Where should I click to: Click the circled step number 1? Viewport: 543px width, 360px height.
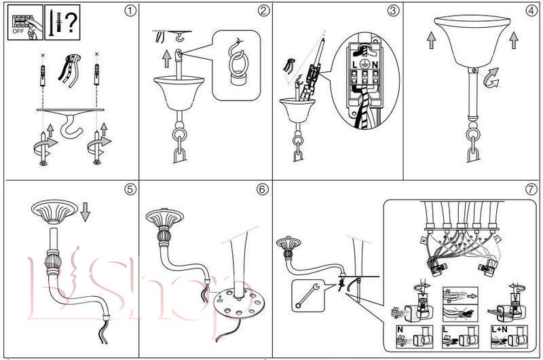130,11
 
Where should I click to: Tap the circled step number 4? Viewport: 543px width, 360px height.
531,11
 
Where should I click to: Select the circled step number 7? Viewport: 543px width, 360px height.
531,189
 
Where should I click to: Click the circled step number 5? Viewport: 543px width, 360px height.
130,189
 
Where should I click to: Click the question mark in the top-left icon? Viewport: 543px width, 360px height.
70,20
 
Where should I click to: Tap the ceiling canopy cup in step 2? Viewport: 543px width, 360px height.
175,89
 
